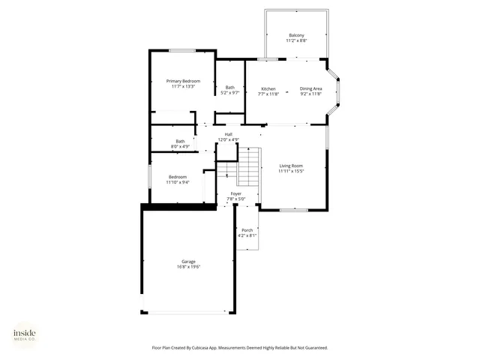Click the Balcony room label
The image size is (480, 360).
(x=296, y=35)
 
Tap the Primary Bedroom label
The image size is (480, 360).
(x=183, y=81)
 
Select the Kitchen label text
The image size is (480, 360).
(x=268, y=88)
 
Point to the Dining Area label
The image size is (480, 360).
(x=310, y=88)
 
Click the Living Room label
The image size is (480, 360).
(x=291, y=166)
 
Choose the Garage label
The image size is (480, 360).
(x=187, y=261)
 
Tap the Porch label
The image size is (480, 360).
(x=247, y=229)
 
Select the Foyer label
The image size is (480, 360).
(x=235, y=193)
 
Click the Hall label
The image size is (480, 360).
(x=228, y=134)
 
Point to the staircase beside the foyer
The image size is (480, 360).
(x=248, y=166)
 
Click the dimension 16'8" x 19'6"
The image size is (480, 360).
(x=187, y=267)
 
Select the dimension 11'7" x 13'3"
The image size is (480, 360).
(x=183, y=87)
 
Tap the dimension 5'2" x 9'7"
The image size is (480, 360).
(x=229, y=93)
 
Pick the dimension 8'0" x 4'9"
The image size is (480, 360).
(x=180, y=146)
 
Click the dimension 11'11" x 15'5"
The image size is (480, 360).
(x=291, y=172)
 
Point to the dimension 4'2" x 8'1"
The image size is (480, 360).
(x=247, y=235)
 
